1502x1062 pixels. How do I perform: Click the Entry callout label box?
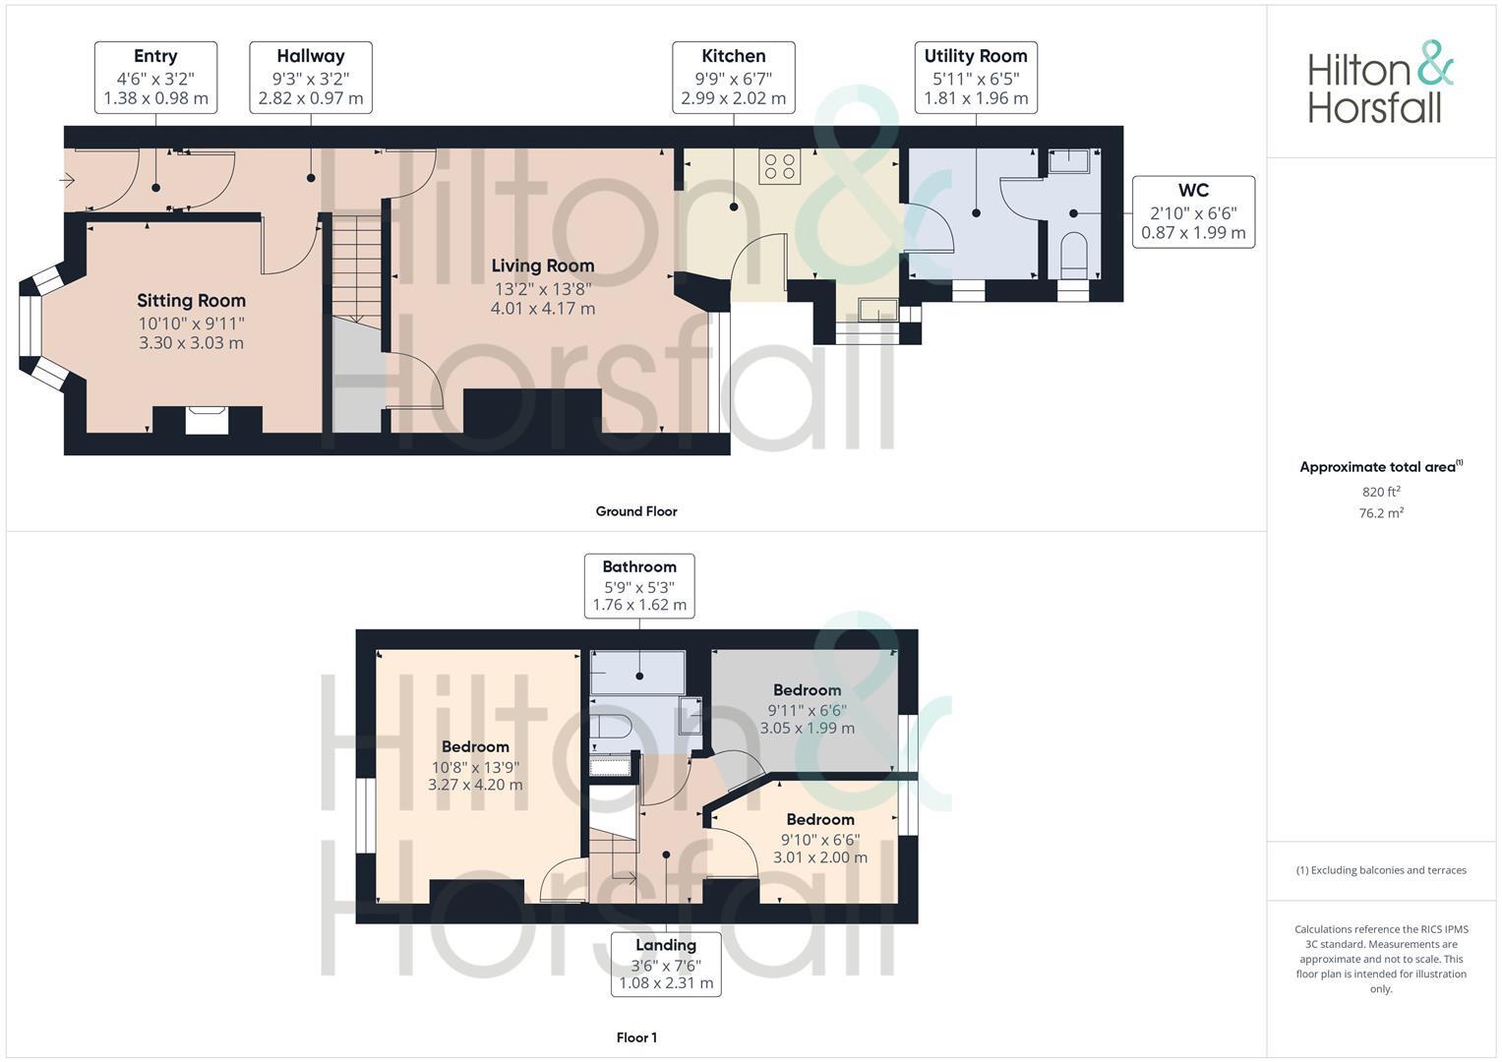pyautogui.click(x=155, y=78)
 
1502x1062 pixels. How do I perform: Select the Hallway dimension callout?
pyautogui.click(x=311, y=78)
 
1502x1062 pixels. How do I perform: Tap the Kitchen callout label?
pyautogui.click(x=734, y=78)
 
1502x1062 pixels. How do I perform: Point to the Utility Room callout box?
pyautogui.click(x=976, y=78)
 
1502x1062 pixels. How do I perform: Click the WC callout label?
pyautogui.click(x=1193, y=211)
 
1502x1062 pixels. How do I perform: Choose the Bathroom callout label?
pyautogui.click(x=639, y=585)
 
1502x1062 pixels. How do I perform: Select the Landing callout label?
pyautogui.click(x=666, y=964)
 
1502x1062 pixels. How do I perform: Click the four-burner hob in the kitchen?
pyautogui.click(x=780, y=166)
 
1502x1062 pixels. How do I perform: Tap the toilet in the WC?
pyautogui.click(x=1073, y=255)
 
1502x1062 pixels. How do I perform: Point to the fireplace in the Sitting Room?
pyautogui.click(x=208, y=419)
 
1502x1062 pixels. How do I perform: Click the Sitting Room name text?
pyautogui.click(x=191, y=301)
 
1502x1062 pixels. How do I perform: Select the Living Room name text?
pyautogui.click(x=543, y=265)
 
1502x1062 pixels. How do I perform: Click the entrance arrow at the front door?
pyautogui.click(x=68, y=180)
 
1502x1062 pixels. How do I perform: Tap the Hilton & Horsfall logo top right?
pyautogui.click(x=1380, y=83)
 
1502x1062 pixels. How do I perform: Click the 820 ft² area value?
pyautogui.click(x=1381, y=492)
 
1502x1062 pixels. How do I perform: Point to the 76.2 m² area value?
pyautogui.click(x=1381, y=513)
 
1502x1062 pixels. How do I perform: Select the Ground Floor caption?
pyautogui.click(x=636, y=511)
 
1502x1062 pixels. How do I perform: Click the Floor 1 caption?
pyautogui.click(x=636, y=1037)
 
